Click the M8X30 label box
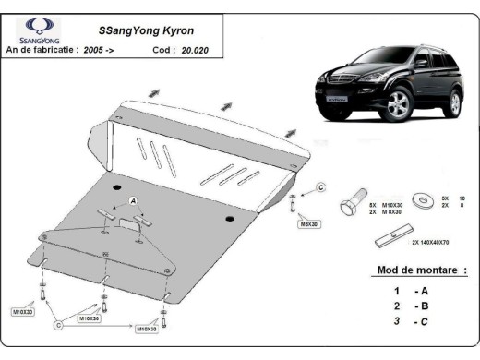(x=306, y=223)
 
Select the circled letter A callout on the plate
(x=133, y=200)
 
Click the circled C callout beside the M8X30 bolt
(x=320, y=188)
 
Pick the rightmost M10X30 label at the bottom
(x=148, y=328)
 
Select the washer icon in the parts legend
(x=426, y=198)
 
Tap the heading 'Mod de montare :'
(x=420, y=270)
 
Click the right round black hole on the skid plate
(x=229, y=219)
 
